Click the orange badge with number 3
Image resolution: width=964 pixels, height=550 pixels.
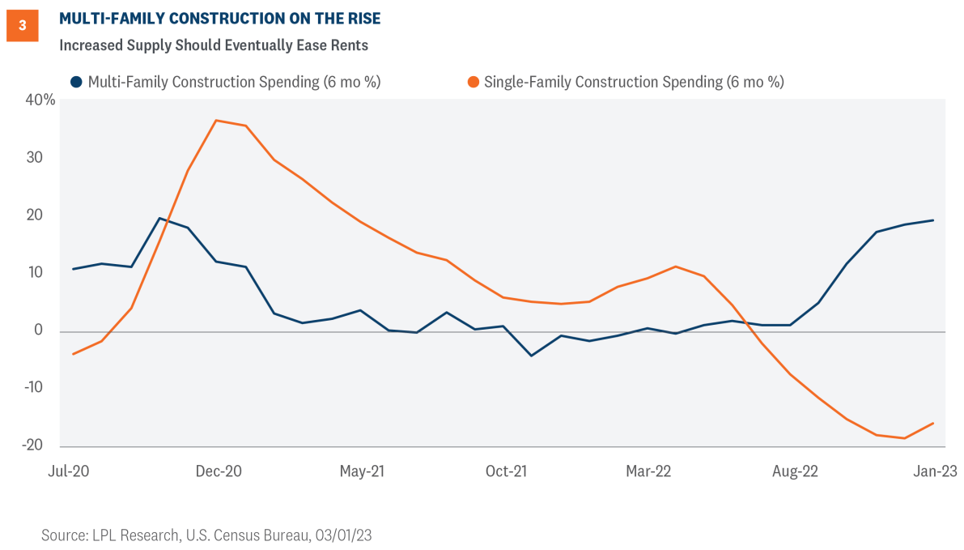(22, 26)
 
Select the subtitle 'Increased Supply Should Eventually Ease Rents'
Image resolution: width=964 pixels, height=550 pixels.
(214, 45)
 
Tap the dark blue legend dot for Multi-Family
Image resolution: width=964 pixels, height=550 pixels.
(76, 82)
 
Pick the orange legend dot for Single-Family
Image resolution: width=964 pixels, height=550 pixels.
(473, 82)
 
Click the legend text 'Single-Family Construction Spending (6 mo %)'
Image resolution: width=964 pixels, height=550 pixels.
(634, 82)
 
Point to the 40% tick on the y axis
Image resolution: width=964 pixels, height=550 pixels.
(40, 100)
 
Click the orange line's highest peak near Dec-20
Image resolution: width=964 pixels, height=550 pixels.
(216, 121)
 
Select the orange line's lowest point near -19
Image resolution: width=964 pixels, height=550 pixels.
(904, 438)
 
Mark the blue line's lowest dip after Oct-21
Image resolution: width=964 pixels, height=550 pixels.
(531, 356)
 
